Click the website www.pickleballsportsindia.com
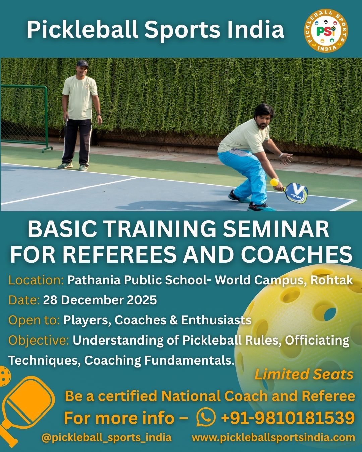click(x=273, y=437)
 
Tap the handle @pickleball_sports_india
click(x=106, y=437)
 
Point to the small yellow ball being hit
click(x=275, y=182)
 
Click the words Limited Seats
click(x=304, y=374)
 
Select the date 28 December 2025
click(x=100, y=300)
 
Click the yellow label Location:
click(x=36, y=280)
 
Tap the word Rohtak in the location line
click(x=331, y=280)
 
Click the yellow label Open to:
click(x=34, y=320)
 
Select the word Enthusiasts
click(x=216, y=320)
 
